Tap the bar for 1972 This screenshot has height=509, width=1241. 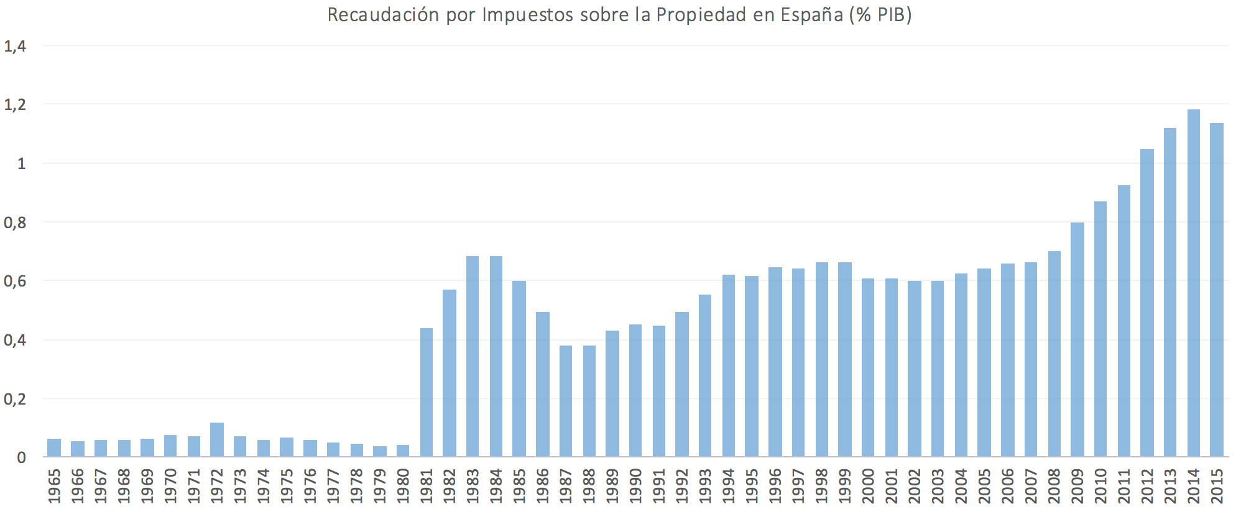click(x=217, y=440)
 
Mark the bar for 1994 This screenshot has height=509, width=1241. click(x=729, y=366)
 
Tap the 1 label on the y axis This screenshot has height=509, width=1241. click(x=22, y=164)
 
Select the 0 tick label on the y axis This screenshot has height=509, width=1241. click(x=22, y=458)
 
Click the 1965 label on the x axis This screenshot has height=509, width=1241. click(x=55, y=487)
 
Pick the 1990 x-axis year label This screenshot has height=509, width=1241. click(x=636, y=487)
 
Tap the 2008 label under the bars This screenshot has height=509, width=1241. click(x=1054, y=487)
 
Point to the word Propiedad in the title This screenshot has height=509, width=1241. click(x=699, y=15)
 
